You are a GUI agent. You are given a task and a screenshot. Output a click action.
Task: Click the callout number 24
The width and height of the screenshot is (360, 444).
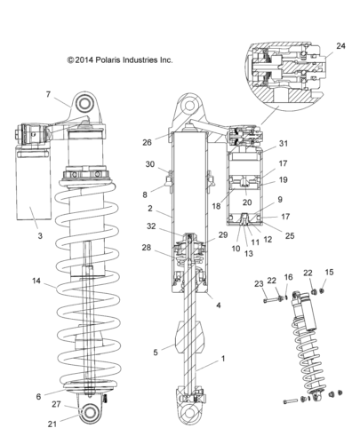point(340,46)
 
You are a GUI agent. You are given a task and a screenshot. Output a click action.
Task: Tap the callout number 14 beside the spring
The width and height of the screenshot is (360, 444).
point(36,281)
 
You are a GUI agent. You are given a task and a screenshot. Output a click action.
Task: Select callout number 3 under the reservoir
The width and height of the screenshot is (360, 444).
point(40,236)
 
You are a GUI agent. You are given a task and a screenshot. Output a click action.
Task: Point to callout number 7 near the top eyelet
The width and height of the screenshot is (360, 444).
point(48,94)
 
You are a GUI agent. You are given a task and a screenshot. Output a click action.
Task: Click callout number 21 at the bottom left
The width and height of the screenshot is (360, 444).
point(52,424)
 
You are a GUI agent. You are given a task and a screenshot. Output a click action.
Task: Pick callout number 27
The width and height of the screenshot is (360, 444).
point(56,404)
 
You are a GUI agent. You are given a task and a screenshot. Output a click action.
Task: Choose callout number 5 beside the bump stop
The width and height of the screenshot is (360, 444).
point(156,353)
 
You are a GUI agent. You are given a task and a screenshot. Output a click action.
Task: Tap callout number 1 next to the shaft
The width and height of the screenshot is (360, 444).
point(223,359)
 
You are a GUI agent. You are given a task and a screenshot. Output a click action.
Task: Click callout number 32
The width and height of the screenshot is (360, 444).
point(151,226)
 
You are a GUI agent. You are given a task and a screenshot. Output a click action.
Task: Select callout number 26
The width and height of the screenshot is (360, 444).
point(147,142)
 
